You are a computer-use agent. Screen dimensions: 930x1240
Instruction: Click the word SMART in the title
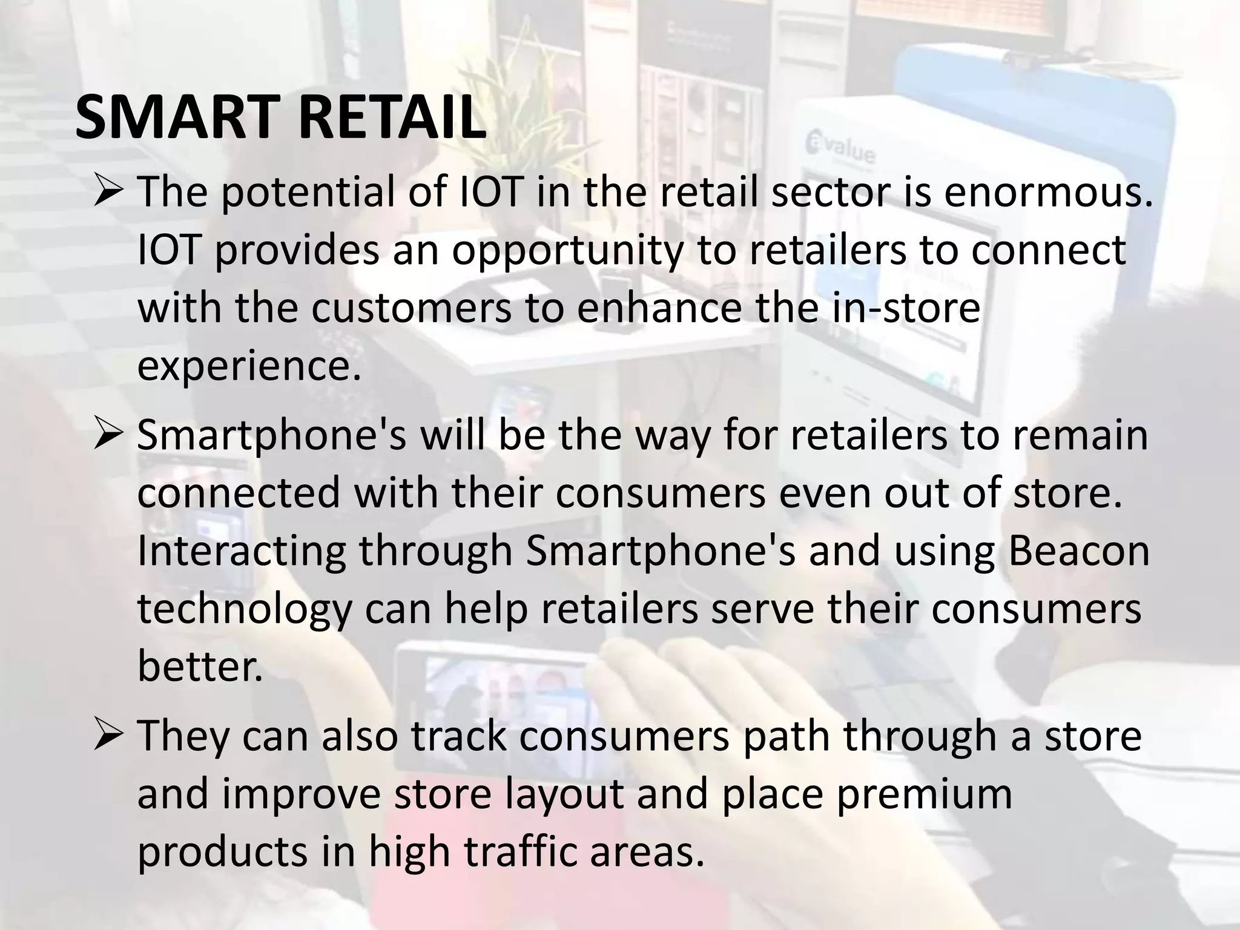[179, 119]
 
